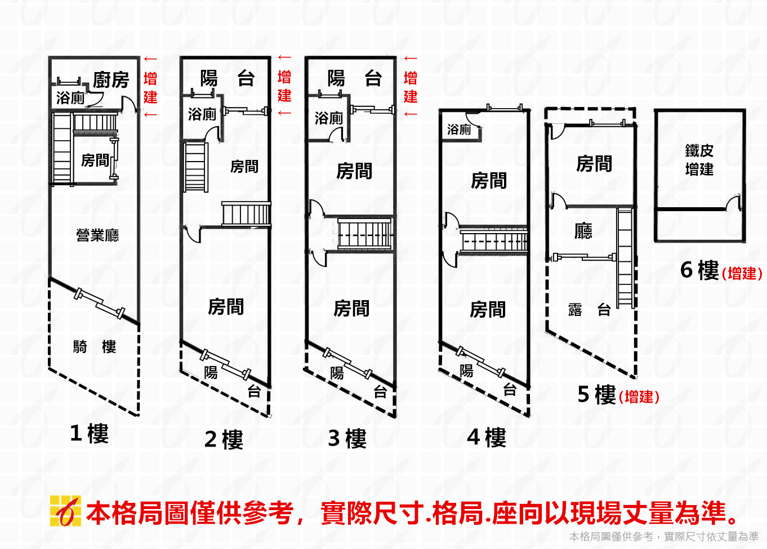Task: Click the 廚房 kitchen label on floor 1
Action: pyautogui.click(x=111, y=80)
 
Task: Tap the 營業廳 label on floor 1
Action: pyautogui.click(x=97, y=235)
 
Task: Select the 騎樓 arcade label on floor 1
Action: pyautogui.click(x=94, y=347)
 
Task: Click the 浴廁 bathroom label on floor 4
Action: pyautogui.click(x=459, y=130)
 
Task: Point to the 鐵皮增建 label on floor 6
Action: pyautogui.click(x=699, y=160)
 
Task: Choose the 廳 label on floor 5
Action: pyautogui.click(x=583, y=231)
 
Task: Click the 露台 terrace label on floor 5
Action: pyautogui.click(x=589, y=310)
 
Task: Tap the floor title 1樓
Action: pyautogui.click(x=89, y=434)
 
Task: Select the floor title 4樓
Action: pyautogui.click(x=487, y=438)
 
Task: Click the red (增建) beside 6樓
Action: pyautogui.click(x=742, y=274)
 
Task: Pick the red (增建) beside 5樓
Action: pyautogui.click(x=639, y=397)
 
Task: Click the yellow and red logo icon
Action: pyautogui.click(x=65, y=511)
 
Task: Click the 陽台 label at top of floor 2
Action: pyautogui.click(x=227, y=78)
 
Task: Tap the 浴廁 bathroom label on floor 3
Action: pyautogui.click(x=329, y=118)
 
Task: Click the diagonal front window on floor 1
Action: pyautogui.click(x=99, y=303)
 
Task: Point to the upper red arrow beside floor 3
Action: pyautogui.click(x=411, y=58)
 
